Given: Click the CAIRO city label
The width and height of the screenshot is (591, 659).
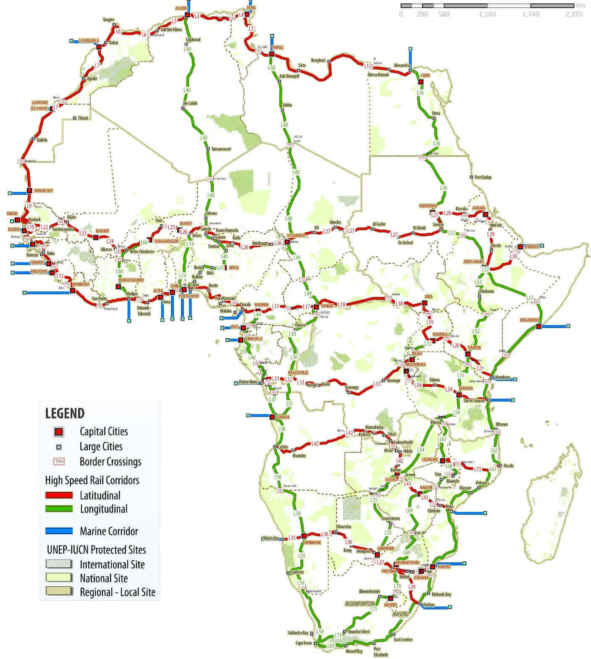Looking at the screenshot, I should click(425, 75).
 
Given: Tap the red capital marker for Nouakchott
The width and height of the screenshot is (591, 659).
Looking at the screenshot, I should click(29, 190).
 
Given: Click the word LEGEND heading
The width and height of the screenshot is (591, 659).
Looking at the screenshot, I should click(65, 413).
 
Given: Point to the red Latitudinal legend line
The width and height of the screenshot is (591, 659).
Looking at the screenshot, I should click(59, 495).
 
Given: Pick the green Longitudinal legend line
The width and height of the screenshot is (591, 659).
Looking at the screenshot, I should click(59, 509).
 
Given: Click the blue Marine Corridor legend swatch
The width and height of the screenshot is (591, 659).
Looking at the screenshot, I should click(59, 531).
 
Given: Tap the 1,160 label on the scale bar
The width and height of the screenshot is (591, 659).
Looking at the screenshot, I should click(487, 14).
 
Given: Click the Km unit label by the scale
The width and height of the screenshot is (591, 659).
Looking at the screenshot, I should click(580, 5).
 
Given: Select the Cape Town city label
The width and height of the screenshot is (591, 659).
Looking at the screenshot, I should click(304, 643).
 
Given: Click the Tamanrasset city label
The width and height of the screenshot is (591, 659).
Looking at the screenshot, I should click(221, 149).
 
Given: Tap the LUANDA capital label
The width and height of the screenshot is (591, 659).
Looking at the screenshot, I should click(283, 417).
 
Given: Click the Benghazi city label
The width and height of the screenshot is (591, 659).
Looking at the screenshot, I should click(318, 60).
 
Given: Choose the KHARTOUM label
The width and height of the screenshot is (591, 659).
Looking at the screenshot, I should click(428, 206).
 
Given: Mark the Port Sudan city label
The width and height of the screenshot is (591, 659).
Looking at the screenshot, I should click(483, 177).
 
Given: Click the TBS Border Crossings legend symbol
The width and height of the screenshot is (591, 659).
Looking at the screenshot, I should click(59, 461).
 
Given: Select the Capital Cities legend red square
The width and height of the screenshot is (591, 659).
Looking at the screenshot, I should click(59, 431).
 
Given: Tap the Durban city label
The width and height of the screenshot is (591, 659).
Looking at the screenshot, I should click(429, 605).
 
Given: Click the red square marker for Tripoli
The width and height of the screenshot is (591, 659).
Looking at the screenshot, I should click(272, 54).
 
